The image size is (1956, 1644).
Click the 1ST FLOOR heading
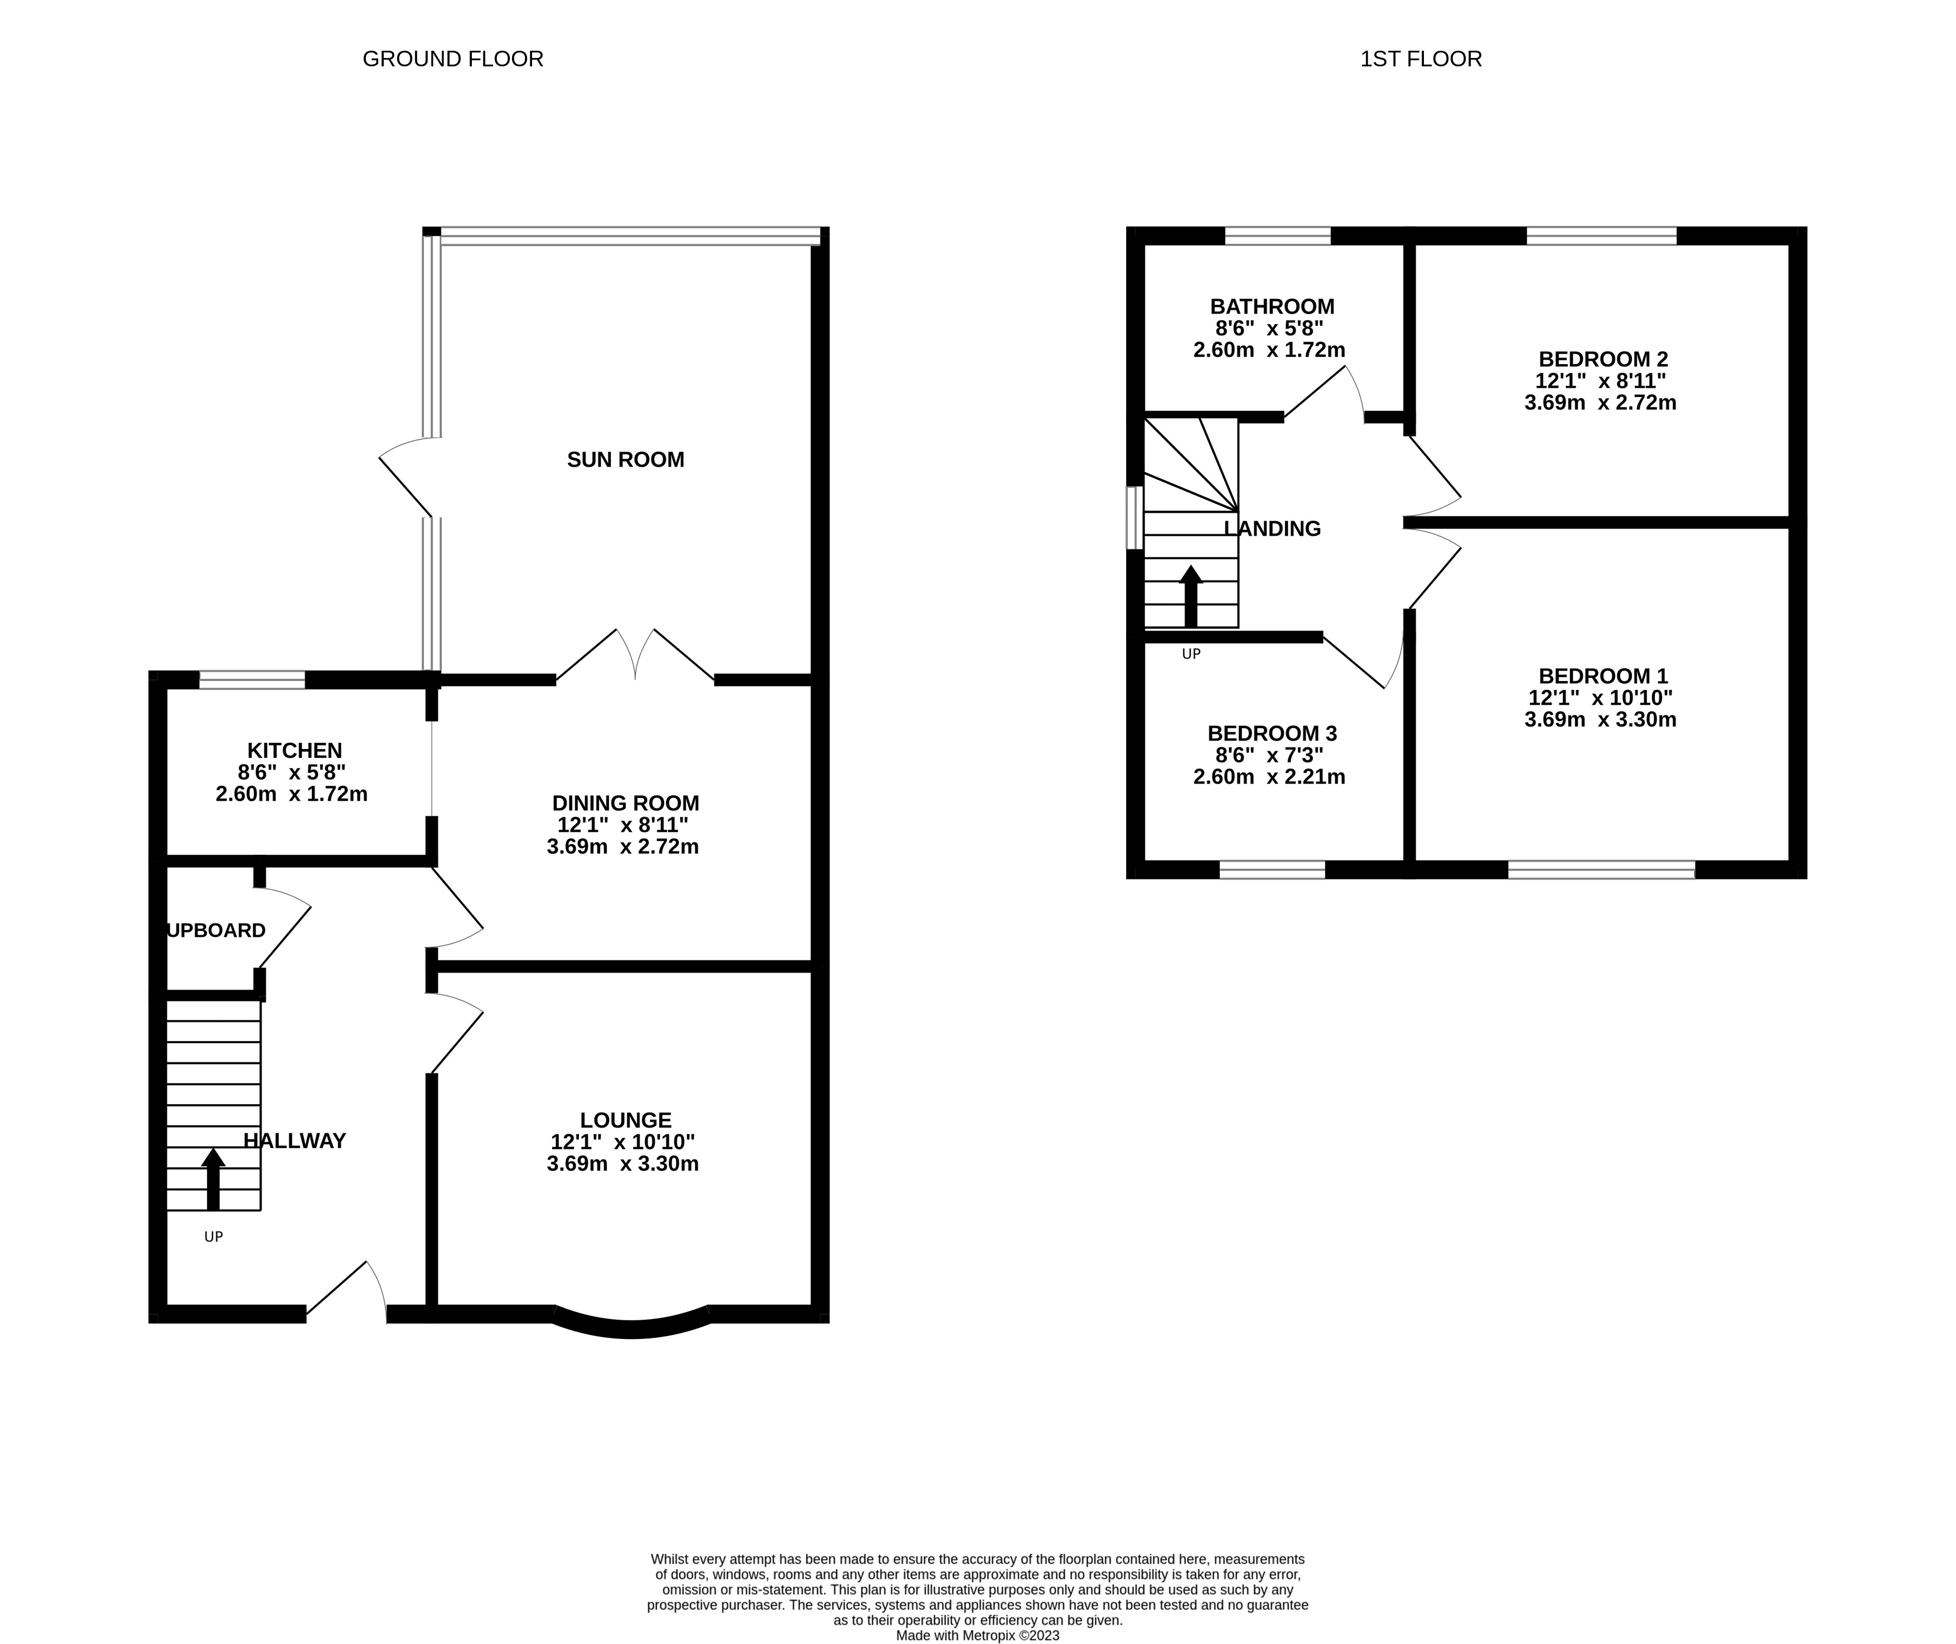1420,59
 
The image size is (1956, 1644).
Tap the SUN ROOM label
625,460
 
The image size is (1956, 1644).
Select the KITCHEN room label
294,750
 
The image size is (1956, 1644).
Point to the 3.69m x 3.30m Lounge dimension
622,1163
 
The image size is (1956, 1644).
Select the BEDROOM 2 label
1603,359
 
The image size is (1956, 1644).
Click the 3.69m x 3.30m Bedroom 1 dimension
1600,719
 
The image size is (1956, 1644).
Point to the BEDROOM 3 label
1272,733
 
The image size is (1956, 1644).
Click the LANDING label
1272,529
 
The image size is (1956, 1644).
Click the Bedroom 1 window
1601,869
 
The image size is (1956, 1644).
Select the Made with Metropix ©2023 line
978,1635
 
